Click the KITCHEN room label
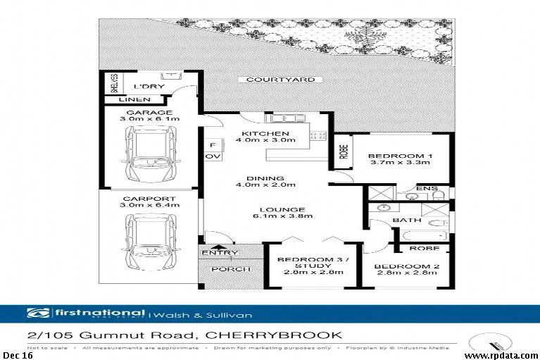tap(265, 133)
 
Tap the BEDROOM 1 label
tap(400, 156)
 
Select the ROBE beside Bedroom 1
tap(344, 152)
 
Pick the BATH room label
tap(406, 221)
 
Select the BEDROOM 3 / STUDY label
tap(310, 263)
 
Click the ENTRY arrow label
tap(220, 252)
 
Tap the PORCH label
tap(220, 268)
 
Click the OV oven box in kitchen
tap(209, 156)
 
